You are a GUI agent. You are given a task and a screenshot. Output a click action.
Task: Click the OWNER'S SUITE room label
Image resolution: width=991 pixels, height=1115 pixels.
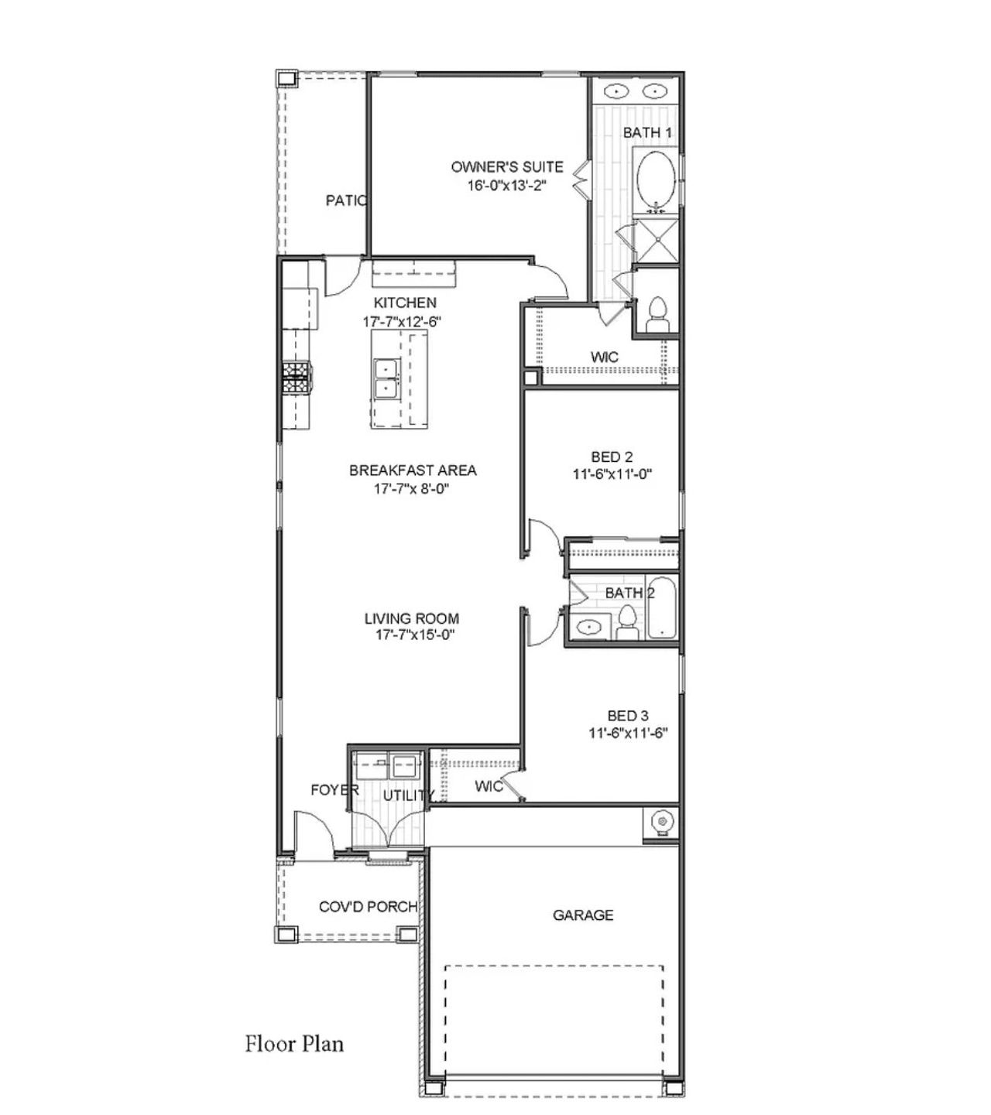click(x=507, y=167)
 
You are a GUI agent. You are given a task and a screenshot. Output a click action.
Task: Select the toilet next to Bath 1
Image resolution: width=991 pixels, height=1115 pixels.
click(x=657, y=313)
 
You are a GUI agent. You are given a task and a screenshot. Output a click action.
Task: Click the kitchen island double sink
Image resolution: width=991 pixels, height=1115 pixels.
click(x=385, y=378)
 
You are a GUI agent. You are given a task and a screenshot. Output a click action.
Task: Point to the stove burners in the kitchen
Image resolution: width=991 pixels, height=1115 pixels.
click(x=296, y=378)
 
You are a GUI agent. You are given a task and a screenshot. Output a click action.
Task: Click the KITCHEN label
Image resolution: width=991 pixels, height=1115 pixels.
click(x=405, y=303)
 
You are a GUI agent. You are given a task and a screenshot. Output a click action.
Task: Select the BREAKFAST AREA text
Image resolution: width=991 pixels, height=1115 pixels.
click(x=413, y=470)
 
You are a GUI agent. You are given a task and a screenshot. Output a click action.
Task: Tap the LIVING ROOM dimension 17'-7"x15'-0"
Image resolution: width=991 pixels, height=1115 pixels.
click(x=411, y=635)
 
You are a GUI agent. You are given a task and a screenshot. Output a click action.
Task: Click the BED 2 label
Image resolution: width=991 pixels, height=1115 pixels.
click(x=612, y=457)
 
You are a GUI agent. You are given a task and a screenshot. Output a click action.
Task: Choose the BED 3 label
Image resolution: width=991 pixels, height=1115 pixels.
click(x=628, y=717)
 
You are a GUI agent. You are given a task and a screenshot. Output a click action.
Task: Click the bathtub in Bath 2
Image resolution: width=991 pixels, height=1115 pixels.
click(x=661, y=607)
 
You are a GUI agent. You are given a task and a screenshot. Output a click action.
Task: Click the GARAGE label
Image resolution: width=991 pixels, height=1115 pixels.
click(x=583, y=915)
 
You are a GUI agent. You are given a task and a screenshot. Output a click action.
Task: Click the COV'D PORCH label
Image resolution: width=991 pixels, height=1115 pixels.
click(x=368, y=907)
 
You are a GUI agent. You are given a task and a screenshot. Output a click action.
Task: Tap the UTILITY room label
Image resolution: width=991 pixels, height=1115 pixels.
click(x=408, y=795)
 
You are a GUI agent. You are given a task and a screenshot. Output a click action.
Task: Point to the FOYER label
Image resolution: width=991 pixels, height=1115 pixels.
click(x=334, y=790)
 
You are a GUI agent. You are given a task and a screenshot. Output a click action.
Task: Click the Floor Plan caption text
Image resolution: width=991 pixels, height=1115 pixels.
click(x=294, y=1044)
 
